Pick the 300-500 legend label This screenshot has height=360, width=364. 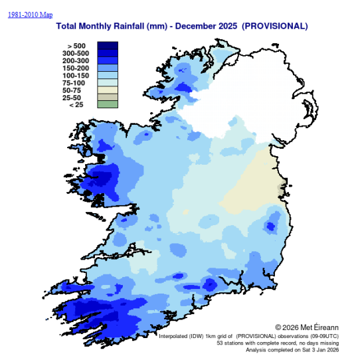click(75, 53)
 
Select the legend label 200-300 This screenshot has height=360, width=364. click(75, 60)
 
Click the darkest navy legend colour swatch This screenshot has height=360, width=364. click(108, 46)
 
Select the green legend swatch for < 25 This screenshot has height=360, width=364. click(108, 104)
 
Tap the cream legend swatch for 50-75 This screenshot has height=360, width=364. click(108, 89)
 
